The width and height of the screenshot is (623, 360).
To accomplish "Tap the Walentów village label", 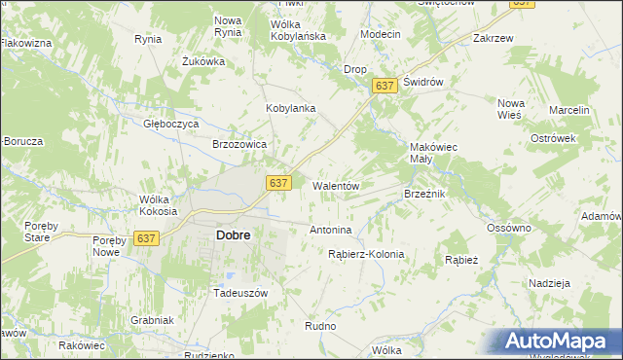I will (x=337, y=185).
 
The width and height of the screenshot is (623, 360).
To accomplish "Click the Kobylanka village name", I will (x=291, y=108).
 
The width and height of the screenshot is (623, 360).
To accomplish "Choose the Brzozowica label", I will (x=239, y=143).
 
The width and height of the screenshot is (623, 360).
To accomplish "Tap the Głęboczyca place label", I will (x=171, y=124).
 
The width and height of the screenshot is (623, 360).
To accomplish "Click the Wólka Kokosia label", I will (x=158, y=205).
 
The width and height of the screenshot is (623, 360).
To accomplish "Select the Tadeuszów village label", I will (x=239, y=292).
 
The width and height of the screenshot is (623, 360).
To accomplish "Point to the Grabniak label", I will (x=152, y=319).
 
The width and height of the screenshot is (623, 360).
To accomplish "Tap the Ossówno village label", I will (x=509, y=228).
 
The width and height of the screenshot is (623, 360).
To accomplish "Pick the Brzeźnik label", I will (x=424, y=194).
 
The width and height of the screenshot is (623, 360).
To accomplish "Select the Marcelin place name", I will (x=569, y=110).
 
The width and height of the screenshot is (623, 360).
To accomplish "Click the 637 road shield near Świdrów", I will (x=385, y=87).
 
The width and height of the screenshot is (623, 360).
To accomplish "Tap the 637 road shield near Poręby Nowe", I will (x=147, y=238).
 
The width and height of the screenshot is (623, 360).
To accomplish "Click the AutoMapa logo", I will (x=562, y=341).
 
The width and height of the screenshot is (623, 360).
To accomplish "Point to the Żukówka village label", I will (x=203, y=61).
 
